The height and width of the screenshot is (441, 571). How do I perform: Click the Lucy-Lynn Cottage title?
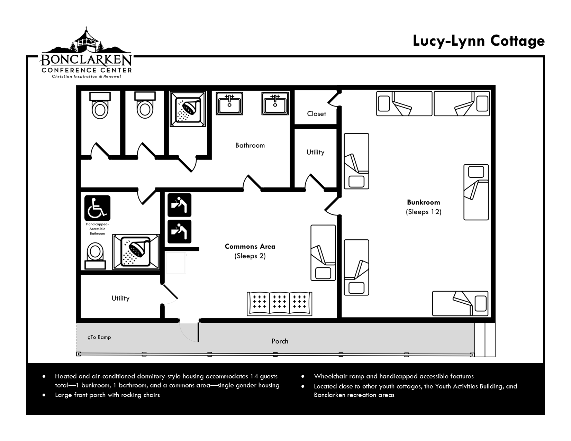click(479, 41)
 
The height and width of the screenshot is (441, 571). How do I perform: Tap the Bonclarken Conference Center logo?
click(86, 53)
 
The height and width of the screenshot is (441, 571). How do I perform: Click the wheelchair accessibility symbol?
click(97, 208)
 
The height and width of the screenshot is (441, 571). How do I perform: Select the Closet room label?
click(316, 114)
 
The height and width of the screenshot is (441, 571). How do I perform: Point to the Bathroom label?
click(250, 145)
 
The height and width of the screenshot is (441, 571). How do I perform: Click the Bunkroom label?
click(423, 202)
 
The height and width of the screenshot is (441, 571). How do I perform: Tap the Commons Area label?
click(250, 246)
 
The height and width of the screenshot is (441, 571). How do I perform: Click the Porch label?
click(280, 341)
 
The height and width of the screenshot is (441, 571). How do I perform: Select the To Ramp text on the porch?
click(99, 337)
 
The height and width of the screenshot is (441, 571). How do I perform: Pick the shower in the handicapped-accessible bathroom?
click(136, 251)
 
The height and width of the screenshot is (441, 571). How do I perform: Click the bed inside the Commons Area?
click(323, 253)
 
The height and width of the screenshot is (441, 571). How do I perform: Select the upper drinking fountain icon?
click(180, 205)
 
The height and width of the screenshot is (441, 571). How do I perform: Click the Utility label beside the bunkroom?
click(315, 152)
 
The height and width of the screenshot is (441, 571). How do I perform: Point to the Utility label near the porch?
click(120, 298)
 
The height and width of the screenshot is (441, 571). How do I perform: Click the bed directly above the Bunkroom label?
click(476, 192)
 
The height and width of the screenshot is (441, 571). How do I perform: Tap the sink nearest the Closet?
click(275, 103)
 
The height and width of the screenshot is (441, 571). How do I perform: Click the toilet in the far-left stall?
click(100, 105)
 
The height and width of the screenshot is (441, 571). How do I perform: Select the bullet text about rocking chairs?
click(107, 395)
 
